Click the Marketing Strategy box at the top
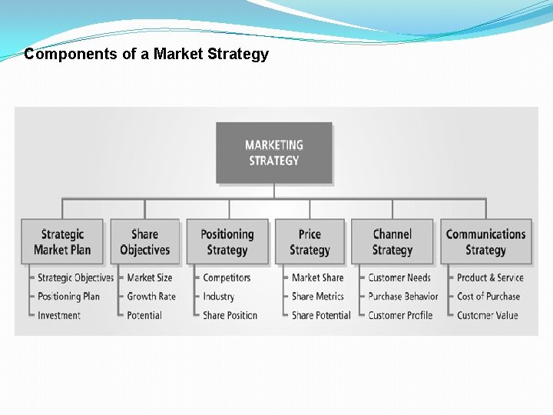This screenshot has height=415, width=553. point(274,152)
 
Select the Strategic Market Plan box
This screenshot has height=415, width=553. point(62,242)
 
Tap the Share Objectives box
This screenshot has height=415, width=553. point(144,242)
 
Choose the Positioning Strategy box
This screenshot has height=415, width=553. point(227,242)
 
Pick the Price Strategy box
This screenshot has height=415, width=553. point(310,242)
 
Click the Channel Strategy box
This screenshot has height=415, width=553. point(392,242)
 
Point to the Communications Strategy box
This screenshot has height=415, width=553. point(485,242)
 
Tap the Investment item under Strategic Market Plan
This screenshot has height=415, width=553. point(59,315)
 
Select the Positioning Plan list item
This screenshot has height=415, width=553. point(69,297)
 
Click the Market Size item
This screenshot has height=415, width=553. point(150,277)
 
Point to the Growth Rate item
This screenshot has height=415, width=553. point(151,297)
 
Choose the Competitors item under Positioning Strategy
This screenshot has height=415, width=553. point(227,277)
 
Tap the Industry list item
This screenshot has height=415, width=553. point(218,297)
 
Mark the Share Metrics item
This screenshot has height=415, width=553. point(317,297)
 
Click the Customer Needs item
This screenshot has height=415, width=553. point(399,277)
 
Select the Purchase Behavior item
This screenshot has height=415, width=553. point(403,297)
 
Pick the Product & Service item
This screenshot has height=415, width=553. point(490,277)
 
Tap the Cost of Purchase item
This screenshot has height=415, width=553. point(488,297)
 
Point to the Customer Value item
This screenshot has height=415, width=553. point(487,315)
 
